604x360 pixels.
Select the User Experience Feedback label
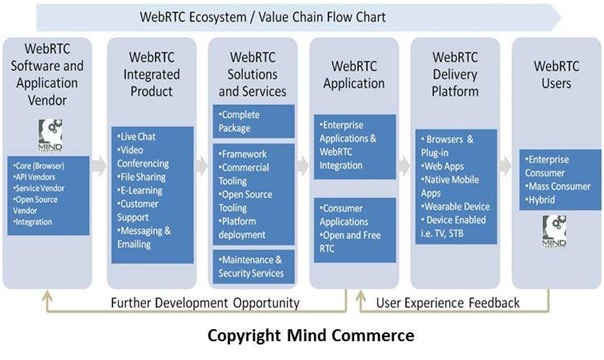(446, 302)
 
